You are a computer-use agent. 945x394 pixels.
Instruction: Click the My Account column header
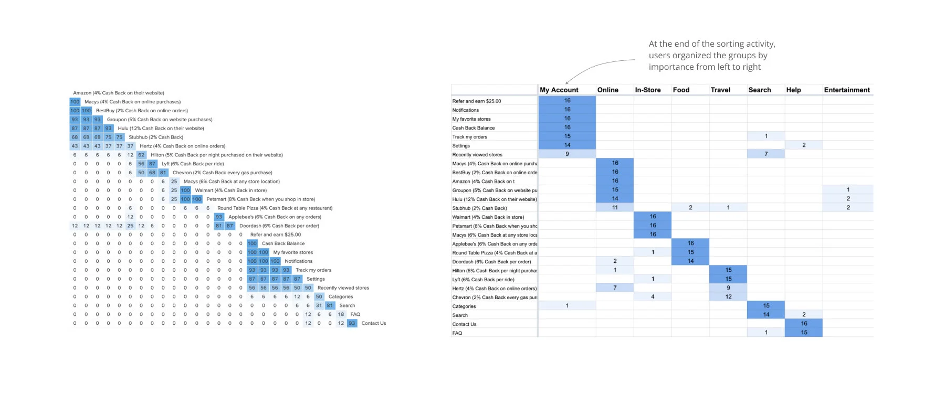tap(559, 90)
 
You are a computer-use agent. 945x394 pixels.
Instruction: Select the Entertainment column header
tap(846, 90)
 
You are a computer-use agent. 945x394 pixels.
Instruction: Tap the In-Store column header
tap(647, 90)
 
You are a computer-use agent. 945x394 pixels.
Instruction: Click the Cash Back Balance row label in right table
tap(473, 128)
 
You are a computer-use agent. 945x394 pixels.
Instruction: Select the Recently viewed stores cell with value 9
tap(567, 154)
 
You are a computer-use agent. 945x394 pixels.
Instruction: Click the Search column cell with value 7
tap(766, 154)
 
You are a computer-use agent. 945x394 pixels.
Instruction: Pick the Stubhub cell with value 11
tap(615, 207)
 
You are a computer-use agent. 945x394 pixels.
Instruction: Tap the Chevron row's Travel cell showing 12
tap(728, 296)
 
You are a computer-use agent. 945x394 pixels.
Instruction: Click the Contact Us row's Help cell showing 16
tap(804, 323)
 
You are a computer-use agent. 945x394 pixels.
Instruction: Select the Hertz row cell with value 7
tap(615, 287)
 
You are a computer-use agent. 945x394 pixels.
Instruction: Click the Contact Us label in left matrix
tap(373, 323)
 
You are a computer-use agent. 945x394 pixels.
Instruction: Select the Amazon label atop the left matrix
tap(118, 93)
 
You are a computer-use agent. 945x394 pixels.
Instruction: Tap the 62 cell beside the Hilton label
tap(141, 155)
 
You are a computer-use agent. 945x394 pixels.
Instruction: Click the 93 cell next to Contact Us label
tap(352, 323)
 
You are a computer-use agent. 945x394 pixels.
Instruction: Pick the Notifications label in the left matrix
tap(298, 261)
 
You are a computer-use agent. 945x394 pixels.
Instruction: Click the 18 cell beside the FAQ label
tap(341, 314)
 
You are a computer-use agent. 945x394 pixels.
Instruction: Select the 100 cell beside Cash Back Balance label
tap(252, 243)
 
